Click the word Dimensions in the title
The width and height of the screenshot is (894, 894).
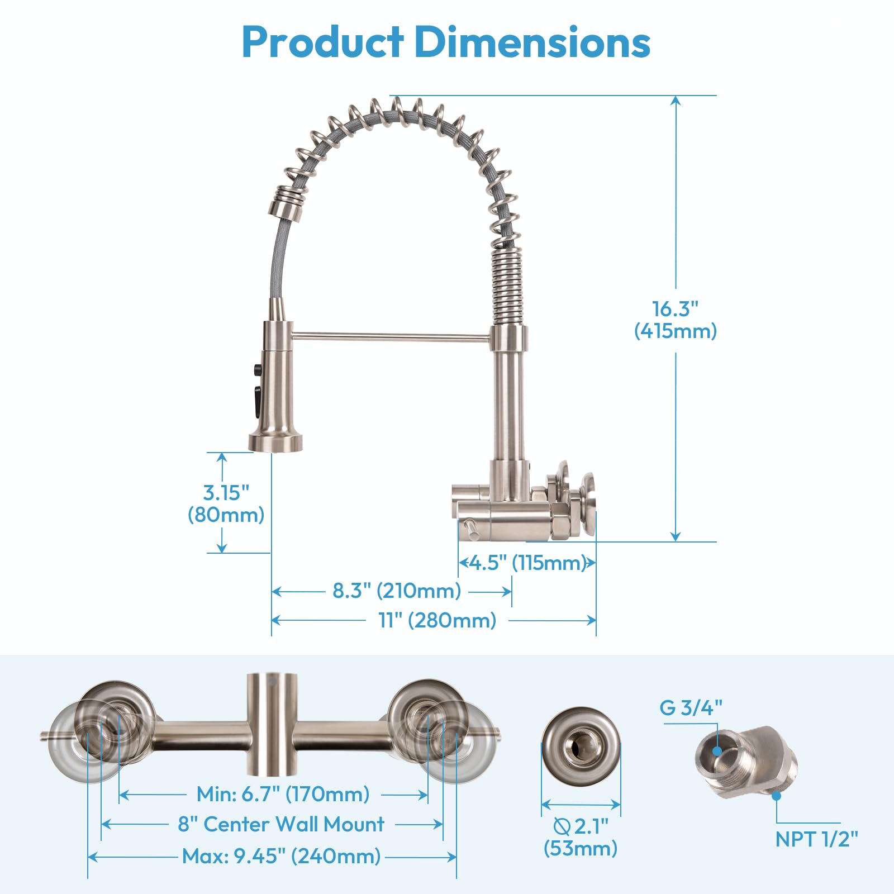coord(532,42)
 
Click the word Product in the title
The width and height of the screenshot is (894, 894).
coord(322,42)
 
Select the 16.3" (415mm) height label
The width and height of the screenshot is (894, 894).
coord(675,320)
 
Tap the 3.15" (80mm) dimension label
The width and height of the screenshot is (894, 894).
coord(226,503)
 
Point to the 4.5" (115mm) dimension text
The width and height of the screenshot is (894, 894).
coord(527,563)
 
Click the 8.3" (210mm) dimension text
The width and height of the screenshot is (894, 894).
coord(397,591)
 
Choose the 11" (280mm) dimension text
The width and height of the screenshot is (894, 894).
coord(438,620)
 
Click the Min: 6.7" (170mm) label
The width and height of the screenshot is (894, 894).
coord(283,794)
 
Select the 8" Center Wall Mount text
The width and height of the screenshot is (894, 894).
coord(281,824)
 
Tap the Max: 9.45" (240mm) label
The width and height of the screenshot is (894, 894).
coord(281,856)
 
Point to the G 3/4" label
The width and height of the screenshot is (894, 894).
coord(691,708)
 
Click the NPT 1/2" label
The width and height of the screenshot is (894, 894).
coord(816,839)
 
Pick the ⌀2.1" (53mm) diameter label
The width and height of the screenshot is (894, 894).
coord(581,837)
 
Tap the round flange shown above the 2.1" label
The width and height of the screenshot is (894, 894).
coord(581,746)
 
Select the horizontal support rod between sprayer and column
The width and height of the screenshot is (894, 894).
coord(391,336)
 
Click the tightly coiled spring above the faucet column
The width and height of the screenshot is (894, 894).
coord(507,285)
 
